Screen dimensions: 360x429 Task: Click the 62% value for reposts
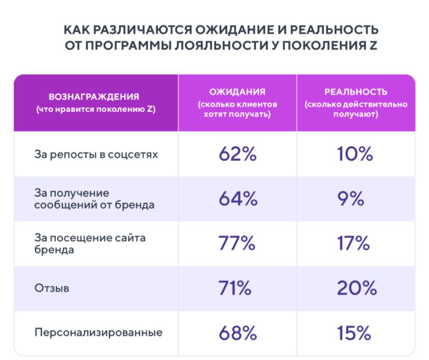pos(237,155)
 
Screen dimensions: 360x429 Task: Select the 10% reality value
pos(356,155)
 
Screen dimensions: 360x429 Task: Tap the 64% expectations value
pos(237,199)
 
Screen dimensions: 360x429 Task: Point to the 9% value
pos(356,199)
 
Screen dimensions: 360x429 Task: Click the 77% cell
pos(237,244)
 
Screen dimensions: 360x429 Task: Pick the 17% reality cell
pos(356,244)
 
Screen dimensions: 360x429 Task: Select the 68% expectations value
pos(237,333)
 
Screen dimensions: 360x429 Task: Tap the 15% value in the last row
pos(356,333)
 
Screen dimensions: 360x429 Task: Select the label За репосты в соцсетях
pos(88,155)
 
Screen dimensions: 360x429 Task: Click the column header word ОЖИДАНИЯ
pos(237,92)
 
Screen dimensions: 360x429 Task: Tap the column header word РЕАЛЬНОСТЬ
pos(356,92)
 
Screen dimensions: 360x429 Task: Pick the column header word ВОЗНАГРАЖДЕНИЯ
pos(94,97)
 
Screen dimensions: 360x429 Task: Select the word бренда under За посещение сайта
pos(52,250)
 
